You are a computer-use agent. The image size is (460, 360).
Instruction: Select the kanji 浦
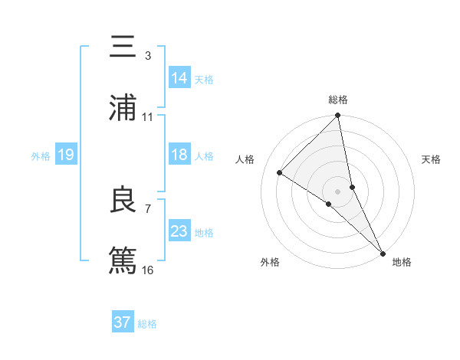(x=123, y=108)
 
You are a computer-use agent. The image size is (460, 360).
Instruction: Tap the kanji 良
(x=123, y=200)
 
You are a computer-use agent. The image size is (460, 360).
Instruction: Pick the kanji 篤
(x=123, y=260)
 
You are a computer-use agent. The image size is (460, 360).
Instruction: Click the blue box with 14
(x=179, y=78)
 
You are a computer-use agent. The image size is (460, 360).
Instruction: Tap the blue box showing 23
(x=179, y=231)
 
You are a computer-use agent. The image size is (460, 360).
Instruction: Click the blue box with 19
(x=66, y=155)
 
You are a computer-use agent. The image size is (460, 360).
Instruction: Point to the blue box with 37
(x=123, y=322)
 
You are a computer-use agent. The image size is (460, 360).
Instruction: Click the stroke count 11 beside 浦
(x=147, y=117)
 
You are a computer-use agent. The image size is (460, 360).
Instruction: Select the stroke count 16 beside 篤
(x=147, y=270)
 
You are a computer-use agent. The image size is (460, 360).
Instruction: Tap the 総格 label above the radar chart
(x=338, y=100)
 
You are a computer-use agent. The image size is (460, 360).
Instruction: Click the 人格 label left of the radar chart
(x=245, y=159)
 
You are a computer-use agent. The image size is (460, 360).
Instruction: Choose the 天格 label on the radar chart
(x=432, y=159)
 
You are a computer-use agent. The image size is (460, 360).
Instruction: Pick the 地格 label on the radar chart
(x=402, y=262)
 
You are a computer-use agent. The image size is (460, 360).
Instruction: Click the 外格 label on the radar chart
(x=270, y=262)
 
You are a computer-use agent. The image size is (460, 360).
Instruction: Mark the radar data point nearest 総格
(x=338, y=116)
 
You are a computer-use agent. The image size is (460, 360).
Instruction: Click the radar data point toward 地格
(x=383, y=252)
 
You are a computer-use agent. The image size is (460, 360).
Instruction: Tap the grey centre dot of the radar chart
(x=338, y=191)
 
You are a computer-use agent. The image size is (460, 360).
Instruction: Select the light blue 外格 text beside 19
(x=41, y=155)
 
